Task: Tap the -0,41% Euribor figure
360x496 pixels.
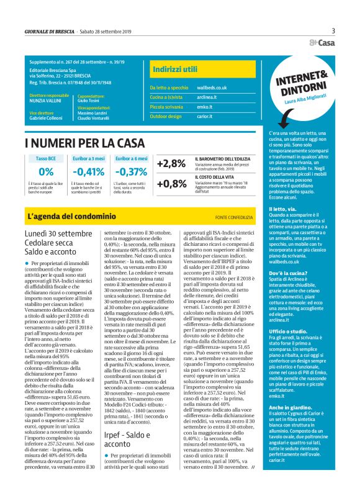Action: pyautogui.click(x=88, y=172)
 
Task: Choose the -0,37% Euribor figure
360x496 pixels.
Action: pyautogui.click(x=131, y=172)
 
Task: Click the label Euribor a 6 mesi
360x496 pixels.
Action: pyautogui.click(x=131, y=159)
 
